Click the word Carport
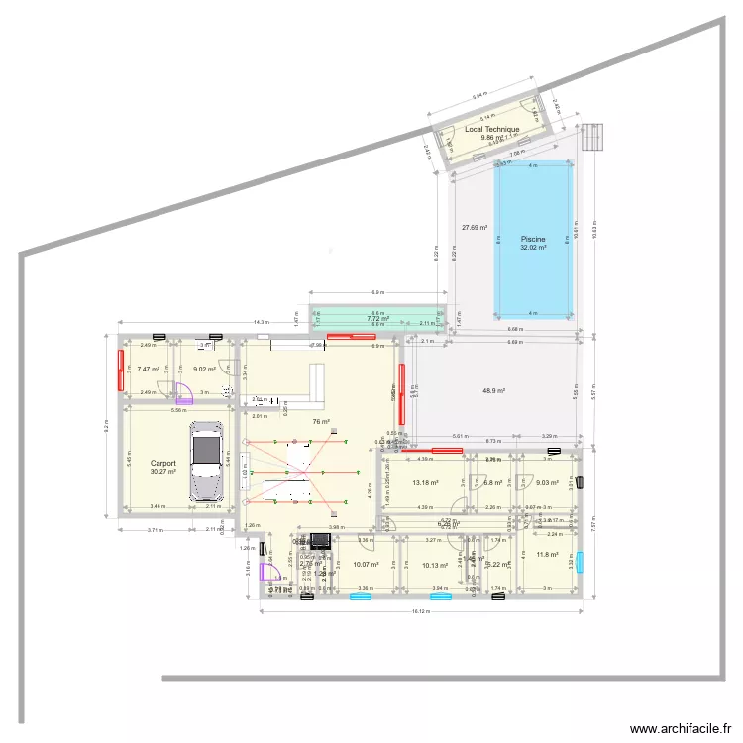pos(163,463)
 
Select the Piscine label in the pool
pos(533,239)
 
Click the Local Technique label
pos(491,130)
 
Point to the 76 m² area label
pos(321,422)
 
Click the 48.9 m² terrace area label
pos(493,391)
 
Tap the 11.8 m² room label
pos(547,555)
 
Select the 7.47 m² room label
pos(149,370)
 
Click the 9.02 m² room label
pos(205,370)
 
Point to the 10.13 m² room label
pos(435,566)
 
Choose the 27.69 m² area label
pos(476,228)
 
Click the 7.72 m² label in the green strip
pos(377,319)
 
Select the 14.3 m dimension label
pos(260,322)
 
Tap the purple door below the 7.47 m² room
pos(181,392)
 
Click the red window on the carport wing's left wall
pos(122,366)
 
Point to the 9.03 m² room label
pos(547,483)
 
